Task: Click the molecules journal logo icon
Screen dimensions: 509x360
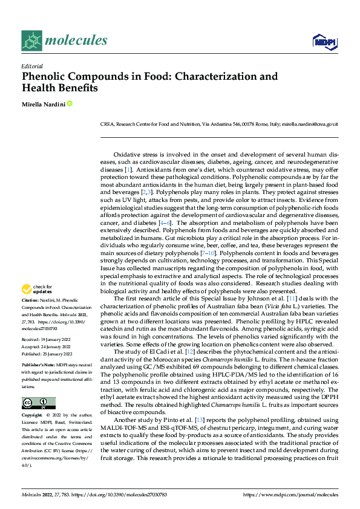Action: [33, 41]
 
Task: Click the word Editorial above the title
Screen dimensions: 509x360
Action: [31, 66]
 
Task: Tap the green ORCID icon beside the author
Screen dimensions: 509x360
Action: [70, 104]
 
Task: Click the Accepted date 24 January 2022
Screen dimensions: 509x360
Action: [47, 346]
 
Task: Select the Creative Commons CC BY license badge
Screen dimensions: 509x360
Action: [38, 403]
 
